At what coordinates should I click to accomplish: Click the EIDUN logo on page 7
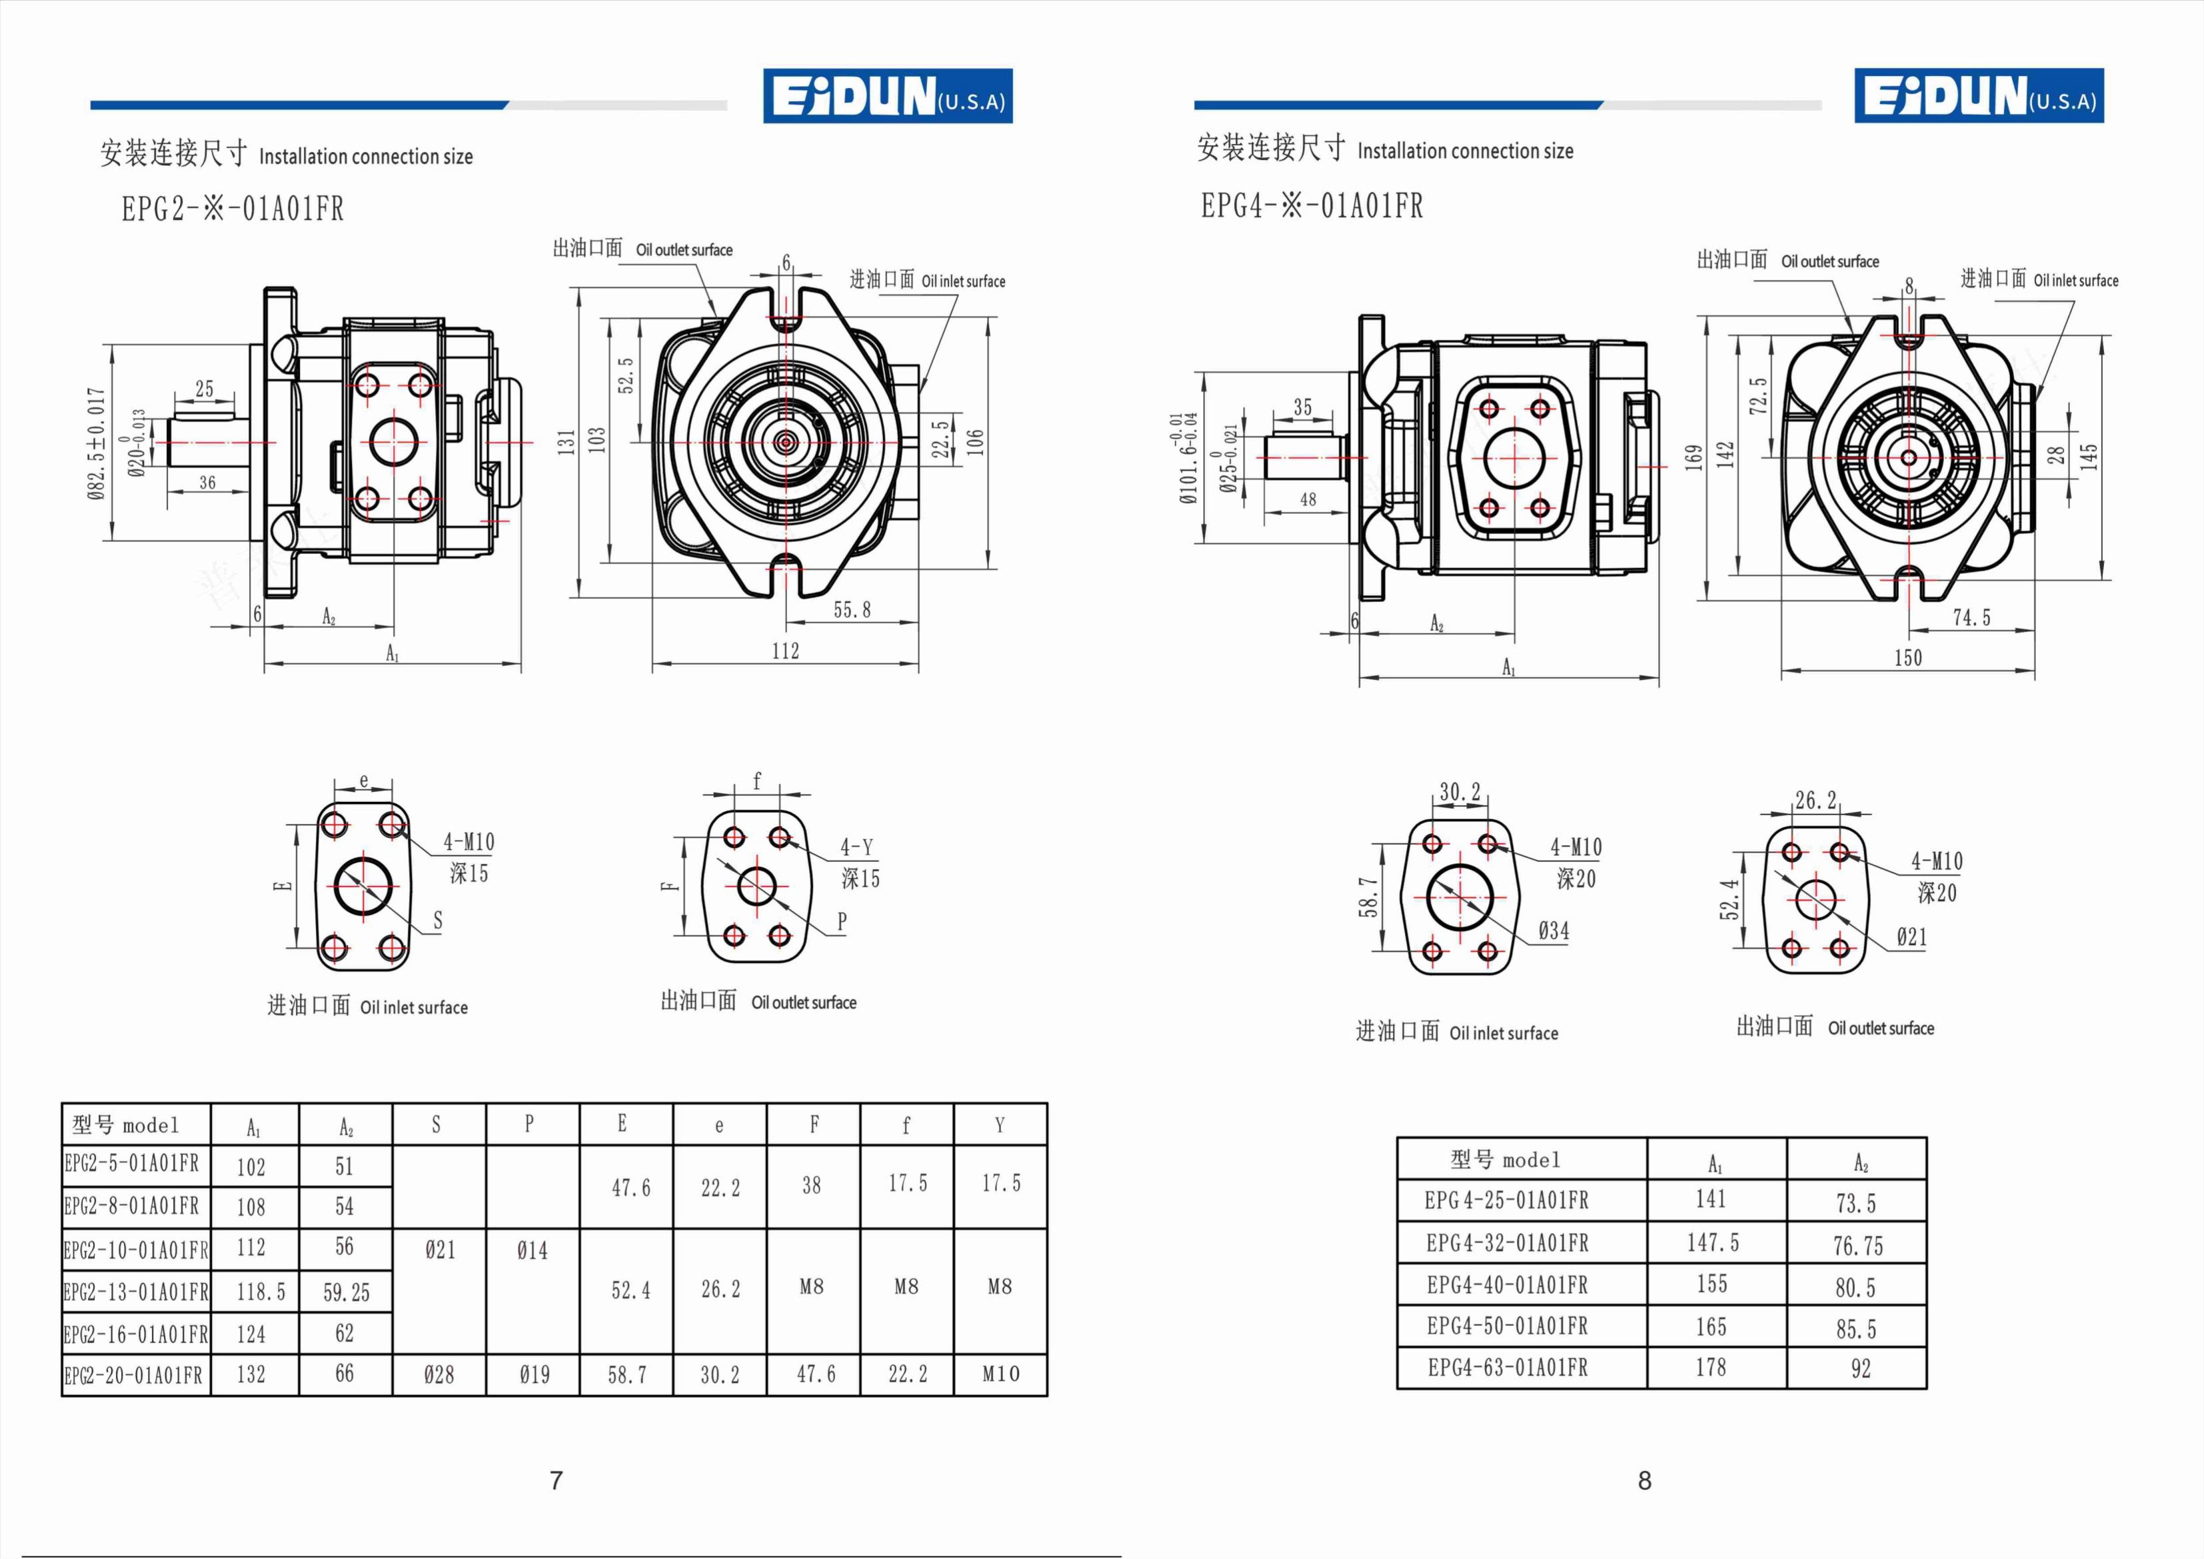click(x=888, y=96)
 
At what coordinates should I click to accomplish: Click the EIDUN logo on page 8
click(x=1979, y=96)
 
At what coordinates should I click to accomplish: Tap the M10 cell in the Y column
click(x=1000, y=1374)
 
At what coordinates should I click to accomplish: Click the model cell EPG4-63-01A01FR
click(x=1507, y=1368)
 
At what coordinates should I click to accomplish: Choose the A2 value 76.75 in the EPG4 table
click(x=1857, y=1246)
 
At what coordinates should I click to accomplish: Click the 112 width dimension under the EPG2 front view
click(x=785, y=651)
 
